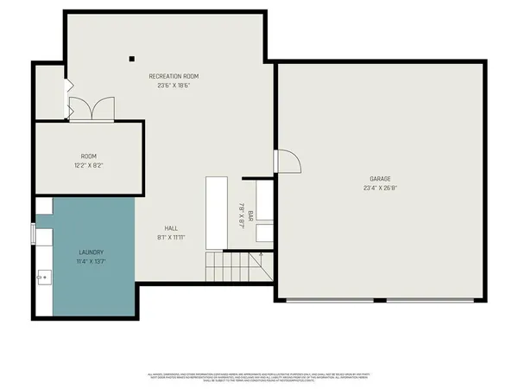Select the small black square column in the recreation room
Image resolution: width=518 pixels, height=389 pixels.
click(132, 59)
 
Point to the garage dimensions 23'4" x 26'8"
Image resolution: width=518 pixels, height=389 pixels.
click(380, 188)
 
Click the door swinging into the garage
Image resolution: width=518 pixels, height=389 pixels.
click(286, 162)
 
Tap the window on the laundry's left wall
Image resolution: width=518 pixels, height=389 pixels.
click(35, 234)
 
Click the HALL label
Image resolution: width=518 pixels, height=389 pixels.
click(172, 228)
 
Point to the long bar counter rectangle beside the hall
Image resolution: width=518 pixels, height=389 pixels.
click(215, 209)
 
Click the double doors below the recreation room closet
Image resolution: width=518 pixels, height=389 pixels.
click(91, 109)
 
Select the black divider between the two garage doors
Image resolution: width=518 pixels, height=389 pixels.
click(381, 300)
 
